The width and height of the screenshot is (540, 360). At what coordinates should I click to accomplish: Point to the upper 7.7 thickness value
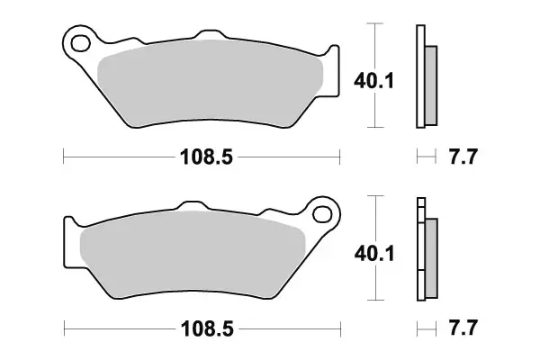pos(462,157)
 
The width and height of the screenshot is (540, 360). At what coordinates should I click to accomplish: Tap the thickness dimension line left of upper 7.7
pos(423,157)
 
